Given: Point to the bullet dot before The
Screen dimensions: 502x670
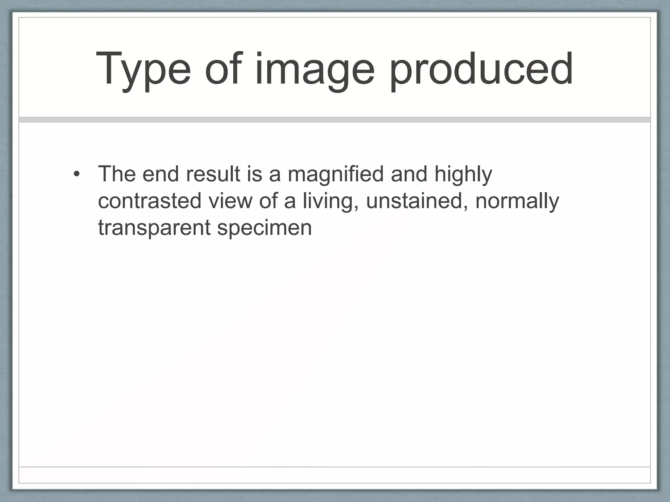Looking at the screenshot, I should pyautogui.click(x=77, y=174).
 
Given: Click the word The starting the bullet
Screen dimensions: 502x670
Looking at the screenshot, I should pyautogui.click(x=116, y=174).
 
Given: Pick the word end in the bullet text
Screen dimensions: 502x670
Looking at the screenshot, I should pyautogui.click(x=161, y=174).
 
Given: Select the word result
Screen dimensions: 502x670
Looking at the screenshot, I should pyautogui.click(x=213, y=174).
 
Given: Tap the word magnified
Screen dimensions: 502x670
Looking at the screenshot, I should pyautogui.click(x=336, y=174).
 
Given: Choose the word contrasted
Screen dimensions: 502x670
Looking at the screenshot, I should pyautogui.click(x=150, y=201).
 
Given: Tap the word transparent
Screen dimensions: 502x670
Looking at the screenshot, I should pyautogui.click(x=154, y=228).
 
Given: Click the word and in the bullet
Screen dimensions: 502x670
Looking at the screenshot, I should pyautogui.click(x=409, y=174).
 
